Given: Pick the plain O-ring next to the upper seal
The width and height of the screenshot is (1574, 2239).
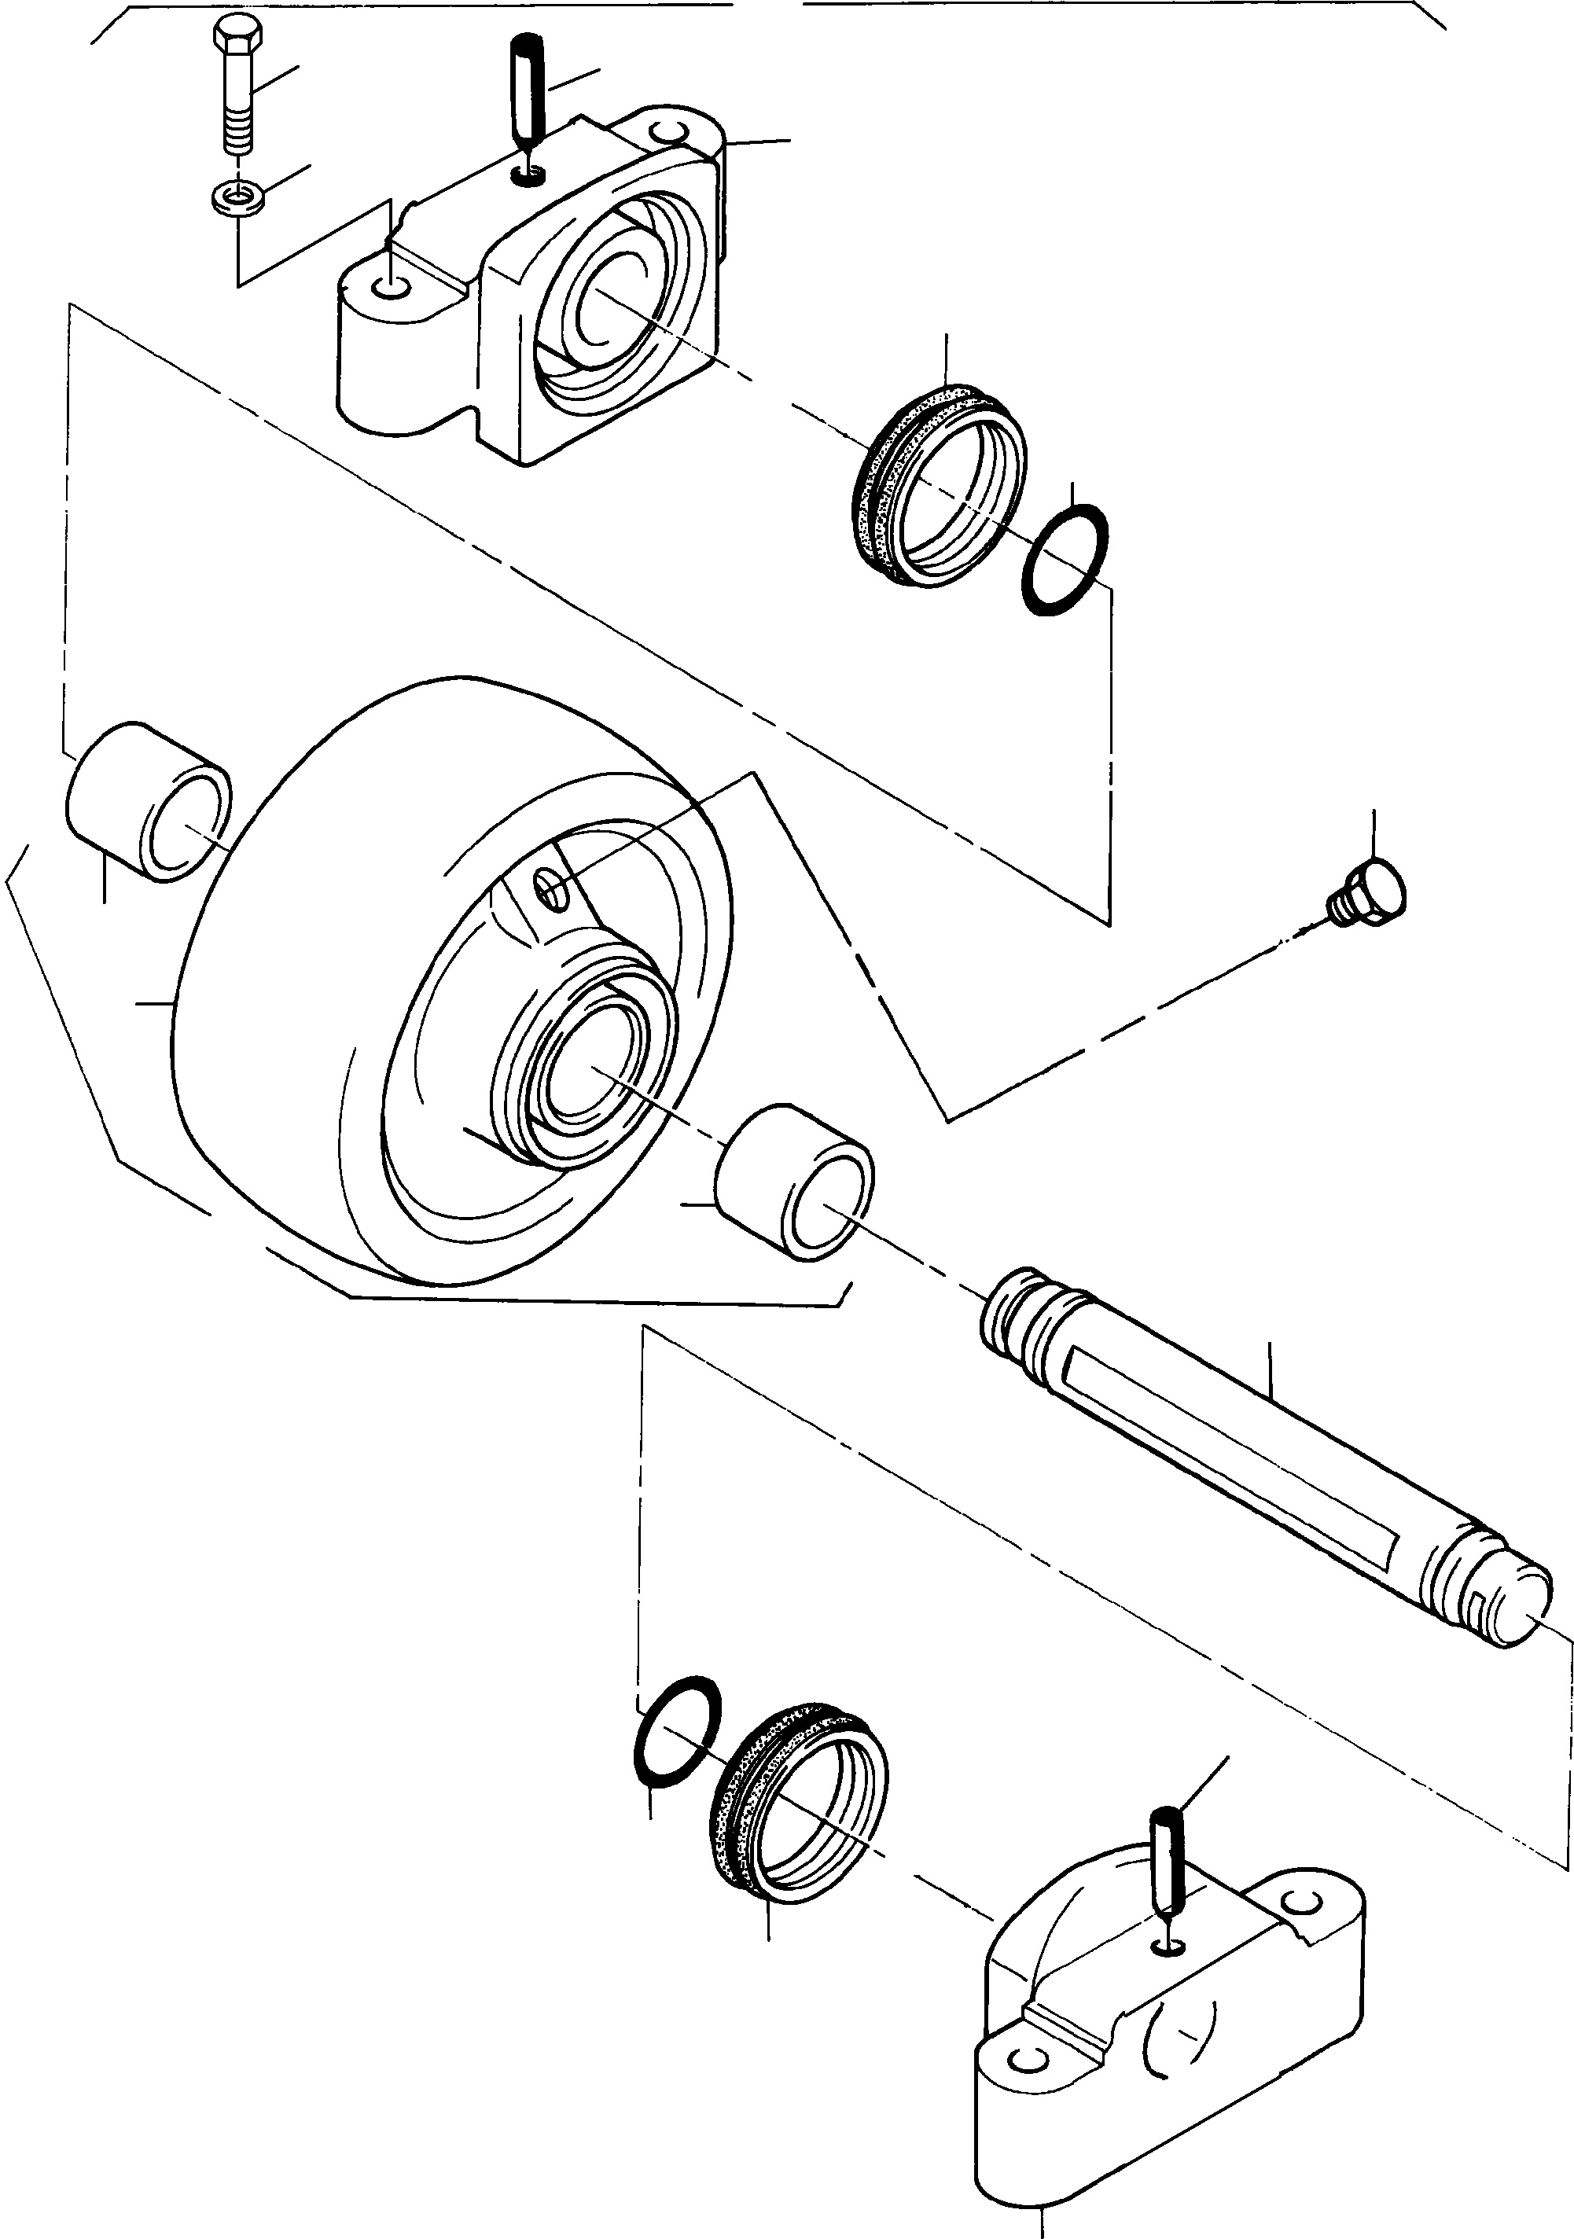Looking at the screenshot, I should click(1065, 558).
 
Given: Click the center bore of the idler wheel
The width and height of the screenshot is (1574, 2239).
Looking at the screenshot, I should click(589, 1068).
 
